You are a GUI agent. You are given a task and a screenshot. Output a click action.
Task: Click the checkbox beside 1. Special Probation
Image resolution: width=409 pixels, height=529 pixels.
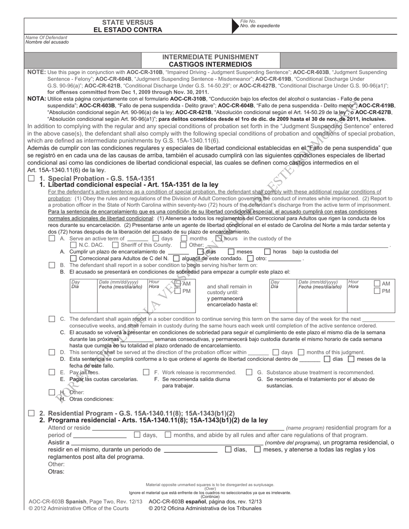click(x=31, y=178)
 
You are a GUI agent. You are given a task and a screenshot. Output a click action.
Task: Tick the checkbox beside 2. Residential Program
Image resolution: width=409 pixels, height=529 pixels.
click(x=31, y=413)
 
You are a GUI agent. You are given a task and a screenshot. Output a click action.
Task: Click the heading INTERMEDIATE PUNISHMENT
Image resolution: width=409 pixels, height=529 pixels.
click(x=211, y=57)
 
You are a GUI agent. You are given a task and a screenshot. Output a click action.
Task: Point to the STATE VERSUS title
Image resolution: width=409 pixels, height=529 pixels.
click(x=127, y=22)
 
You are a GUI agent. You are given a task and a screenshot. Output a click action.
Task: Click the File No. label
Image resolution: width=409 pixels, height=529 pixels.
click(x=248, y=21)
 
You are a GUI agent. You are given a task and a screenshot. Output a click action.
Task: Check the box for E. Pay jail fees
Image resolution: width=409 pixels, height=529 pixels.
click(x=52, y=372)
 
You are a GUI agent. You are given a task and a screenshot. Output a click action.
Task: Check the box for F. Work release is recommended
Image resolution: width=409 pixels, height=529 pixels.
click(x=146, y=372)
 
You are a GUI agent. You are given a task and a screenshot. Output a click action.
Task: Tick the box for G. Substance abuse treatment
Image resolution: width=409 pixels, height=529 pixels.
click(x=249, y=372)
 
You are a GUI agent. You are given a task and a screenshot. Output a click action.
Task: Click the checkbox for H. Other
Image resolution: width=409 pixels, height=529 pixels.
click(x=52, y=392)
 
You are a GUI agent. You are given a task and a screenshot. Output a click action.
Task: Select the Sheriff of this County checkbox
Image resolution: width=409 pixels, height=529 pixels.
click(x=115, y=245)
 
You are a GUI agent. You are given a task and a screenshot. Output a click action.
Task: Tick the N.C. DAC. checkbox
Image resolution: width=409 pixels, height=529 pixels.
click(x=73, y=245)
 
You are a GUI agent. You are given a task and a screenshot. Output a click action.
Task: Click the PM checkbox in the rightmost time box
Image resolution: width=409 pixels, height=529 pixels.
click(x=377, y=291)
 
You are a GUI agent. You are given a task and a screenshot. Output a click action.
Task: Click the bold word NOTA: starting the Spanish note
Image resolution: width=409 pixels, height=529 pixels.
click(x=37, y=98)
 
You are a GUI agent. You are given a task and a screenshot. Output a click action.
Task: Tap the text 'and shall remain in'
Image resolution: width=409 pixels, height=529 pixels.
click(x=229, y=286)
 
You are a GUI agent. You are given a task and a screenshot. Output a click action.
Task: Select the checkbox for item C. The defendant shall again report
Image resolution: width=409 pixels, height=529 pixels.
click(x=52, y=319)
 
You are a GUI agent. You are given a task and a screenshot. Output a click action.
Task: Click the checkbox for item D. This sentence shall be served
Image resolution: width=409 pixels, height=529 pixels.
click(x=52, y=352)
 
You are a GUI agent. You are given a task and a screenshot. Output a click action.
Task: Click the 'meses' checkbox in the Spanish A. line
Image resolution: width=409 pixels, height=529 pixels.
click(x=231, y=252)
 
